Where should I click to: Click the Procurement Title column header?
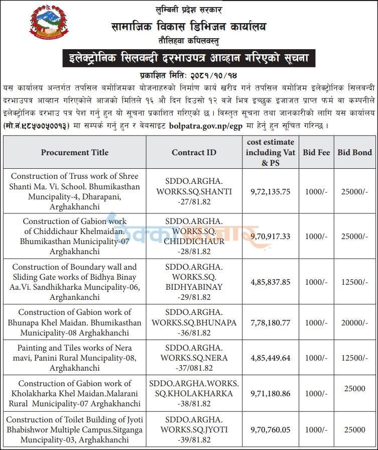click(x=75, y=152)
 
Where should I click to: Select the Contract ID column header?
click(x=194, y=152)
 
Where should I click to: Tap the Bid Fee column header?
click(x=316, y=152)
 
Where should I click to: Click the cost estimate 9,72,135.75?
click(x=271, y=191)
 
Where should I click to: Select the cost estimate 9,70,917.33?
click(x=271, y=236)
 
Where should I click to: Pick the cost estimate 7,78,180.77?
click(x=271, y=322)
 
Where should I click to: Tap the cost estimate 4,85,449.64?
click(x=271, y=358)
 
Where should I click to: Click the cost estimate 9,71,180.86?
click(x=271, y=393)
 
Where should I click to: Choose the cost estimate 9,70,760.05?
click(x=271, y=429)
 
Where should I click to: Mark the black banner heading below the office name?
click(x=189, y=58)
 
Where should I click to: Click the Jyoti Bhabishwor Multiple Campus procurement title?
click(x=75, y=429)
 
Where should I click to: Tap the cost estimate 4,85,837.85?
click(x=271, y=282)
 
